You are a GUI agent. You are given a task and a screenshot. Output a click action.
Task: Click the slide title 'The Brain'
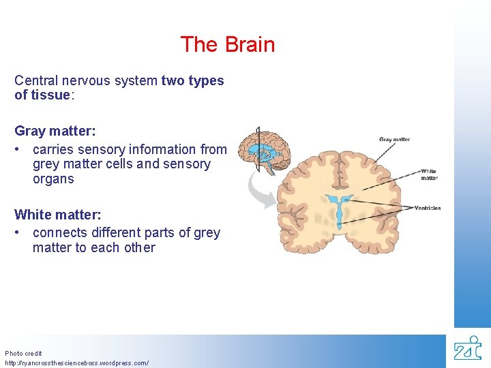click(228, 45)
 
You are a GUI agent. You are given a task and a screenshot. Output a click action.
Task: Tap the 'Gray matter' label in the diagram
click(394, 140)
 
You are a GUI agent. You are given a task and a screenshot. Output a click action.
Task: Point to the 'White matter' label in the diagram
click(429, 174)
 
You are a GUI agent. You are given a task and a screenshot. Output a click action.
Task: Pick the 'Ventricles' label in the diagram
click(427, 208)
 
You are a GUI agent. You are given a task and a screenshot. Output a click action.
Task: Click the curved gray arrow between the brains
click(260, 189)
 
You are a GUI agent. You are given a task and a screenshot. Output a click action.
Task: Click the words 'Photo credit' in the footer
click(23, 354)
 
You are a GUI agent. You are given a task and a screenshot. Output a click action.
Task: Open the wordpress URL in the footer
click(76, 363)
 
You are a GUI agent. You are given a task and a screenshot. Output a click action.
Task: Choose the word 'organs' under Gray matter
click(53, 179)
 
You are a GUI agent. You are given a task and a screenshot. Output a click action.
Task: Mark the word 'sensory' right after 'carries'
click(102, 149)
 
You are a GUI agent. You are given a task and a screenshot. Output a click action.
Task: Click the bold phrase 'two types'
click(192, 80)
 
